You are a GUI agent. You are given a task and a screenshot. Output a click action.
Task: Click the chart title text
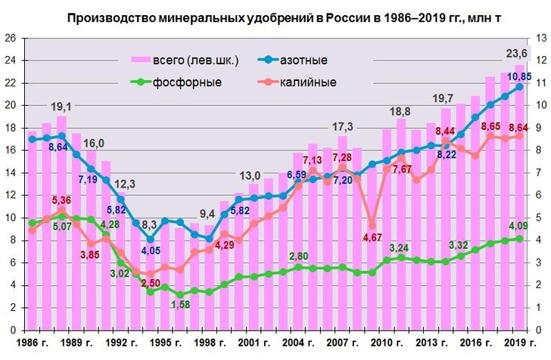coord(276,17)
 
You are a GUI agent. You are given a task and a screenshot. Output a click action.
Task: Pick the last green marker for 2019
coord(518,238)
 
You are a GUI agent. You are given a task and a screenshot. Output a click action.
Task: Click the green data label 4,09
coord(518,225)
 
